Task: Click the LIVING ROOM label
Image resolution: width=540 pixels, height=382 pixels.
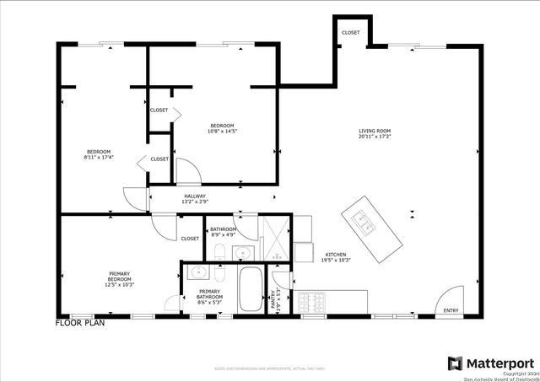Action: [x=375, y=131]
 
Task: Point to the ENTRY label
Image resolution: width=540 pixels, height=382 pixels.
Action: [x=451, y=310]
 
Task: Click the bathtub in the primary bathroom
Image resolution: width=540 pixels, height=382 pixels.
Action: [x=250, y=290]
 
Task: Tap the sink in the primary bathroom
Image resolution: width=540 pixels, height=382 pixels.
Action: [x=200, y=272]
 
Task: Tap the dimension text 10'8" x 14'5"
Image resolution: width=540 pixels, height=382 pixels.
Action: [x=223, y=132]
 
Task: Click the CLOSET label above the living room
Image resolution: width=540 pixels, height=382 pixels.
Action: [x=350, y=32]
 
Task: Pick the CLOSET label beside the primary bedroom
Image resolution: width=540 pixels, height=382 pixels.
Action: [x=190, y=239]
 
